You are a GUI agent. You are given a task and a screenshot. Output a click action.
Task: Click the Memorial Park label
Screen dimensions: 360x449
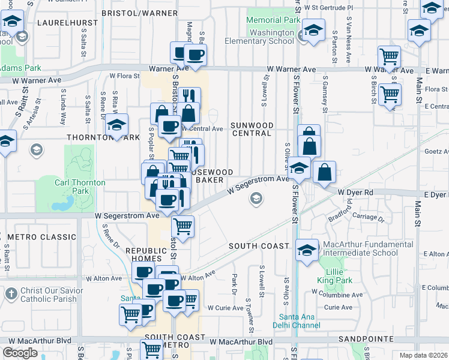pos(273,20)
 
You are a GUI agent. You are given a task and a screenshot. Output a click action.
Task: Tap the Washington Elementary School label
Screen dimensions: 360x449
pos(259,37)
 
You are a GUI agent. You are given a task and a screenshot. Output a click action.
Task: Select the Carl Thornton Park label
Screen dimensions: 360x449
pos(80,187)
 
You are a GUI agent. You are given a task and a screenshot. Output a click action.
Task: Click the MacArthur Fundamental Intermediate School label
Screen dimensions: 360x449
pos(360,248)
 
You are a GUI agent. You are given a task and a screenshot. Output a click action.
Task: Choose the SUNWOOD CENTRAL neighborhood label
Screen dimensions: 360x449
pos(252,129)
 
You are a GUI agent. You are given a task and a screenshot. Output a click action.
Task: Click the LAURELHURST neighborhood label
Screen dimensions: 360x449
pos(62,22)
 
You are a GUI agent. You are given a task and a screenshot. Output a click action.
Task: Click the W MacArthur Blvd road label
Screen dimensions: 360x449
pos(240,341)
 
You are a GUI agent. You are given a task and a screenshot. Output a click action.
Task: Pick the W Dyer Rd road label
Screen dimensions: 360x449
pos(356,192)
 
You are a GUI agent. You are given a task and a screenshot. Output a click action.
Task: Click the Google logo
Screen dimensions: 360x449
pos(20,352)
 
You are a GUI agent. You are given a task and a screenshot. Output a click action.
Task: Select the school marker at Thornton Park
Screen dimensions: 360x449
pos(117,125)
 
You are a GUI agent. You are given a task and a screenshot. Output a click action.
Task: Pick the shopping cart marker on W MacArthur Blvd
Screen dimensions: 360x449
pos(151,349)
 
